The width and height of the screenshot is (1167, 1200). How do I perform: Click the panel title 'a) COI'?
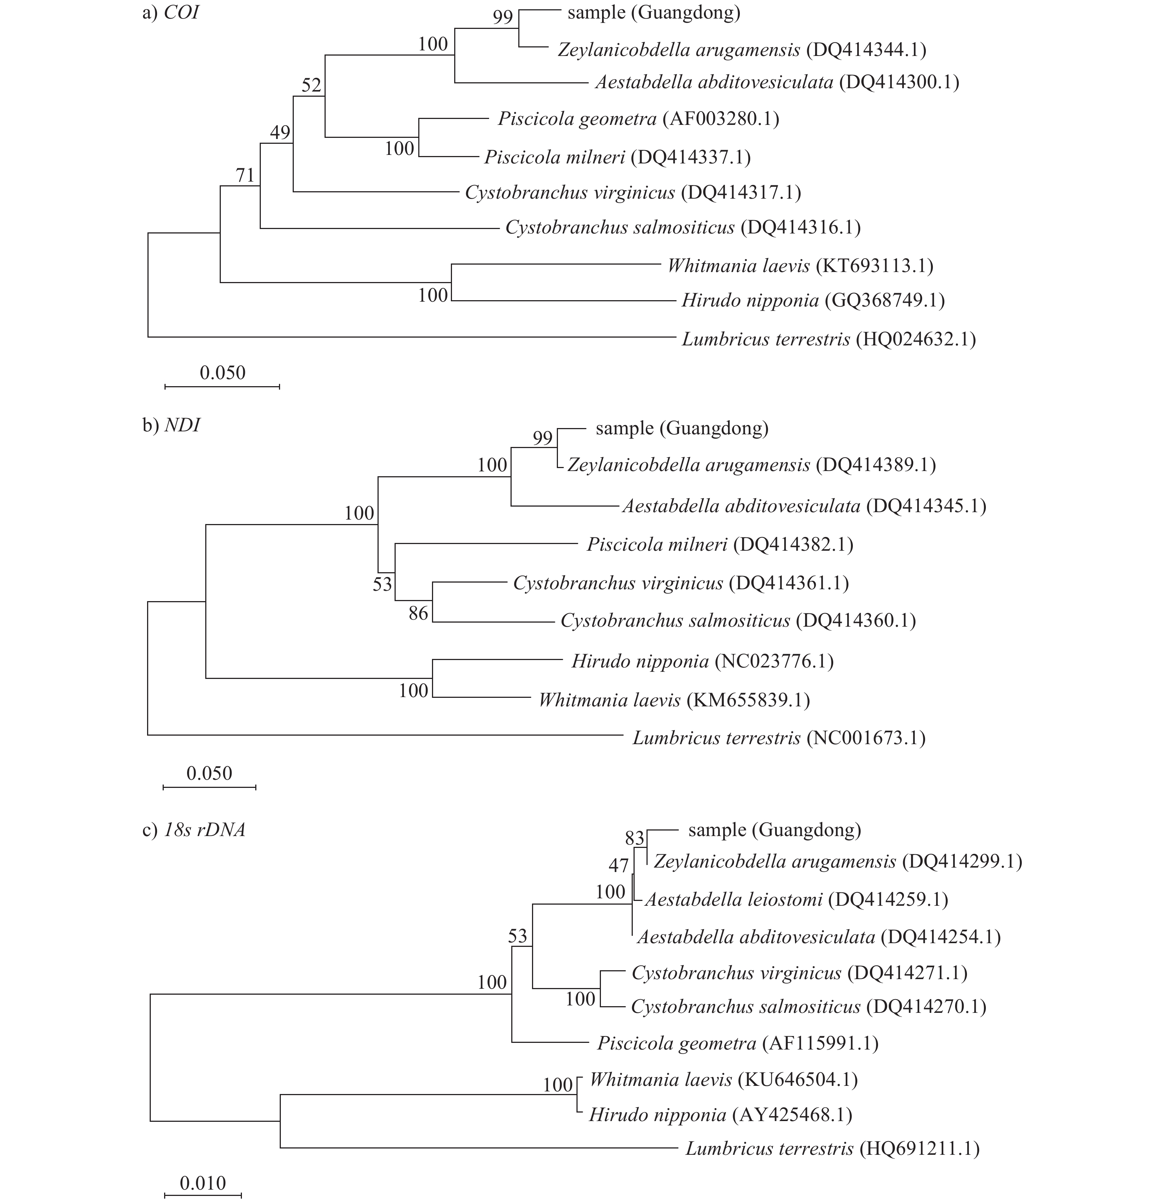point(170,13)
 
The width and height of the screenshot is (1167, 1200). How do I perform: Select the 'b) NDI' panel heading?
point(171,425)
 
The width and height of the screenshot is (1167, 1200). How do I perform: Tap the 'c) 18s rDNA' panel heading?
point(194,830)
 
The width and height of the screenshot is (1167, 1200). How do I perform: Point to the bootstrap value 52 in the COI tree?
point(311,85)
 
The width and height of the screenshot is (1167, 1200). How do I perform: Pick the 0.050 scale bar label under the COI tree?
point(223,373)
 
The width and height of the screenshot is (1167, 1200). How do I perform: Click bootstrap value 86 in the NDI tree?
point(419,613)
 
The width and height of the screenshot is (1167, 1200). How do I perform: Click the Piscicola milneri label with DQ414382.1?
point(719,544)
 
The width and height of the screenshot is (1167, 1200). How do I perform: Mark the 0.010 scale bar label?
point(203,1183)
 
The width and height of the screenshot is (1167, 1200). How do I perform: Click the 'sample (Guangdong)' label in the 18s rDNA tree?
point(775,830)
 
